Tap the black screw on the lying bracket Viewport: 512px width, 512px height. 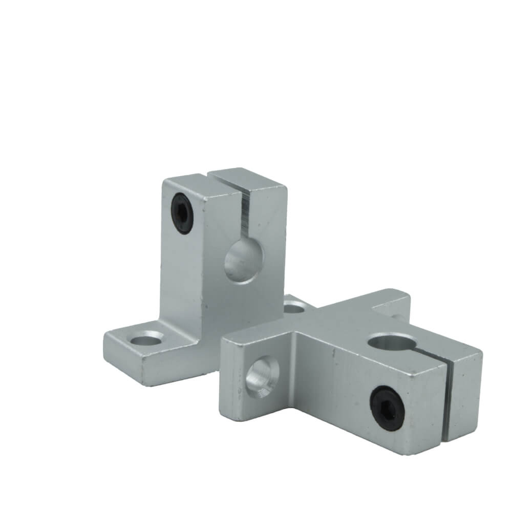point(385,403)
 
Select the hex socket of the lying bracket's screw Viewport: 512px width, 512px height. point(385,403)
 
